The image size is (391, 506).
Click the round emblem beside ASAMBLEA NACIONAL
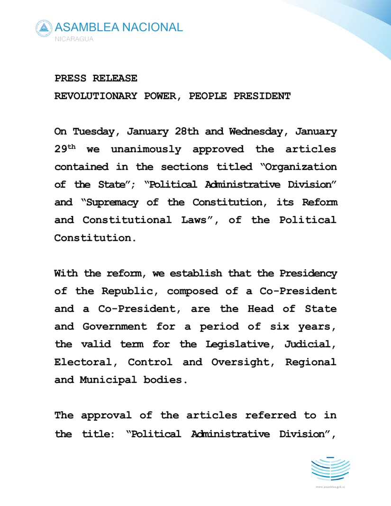[44, 28]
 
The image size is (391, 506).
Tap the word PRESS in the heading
[70, 78]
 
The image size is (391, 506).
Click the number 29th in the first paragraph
[65, 149]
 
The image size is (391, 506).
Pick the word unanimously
[146, 149]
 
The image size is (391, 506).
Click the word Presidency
[308, 273]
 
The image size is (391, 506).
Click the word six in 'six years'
[279, 327]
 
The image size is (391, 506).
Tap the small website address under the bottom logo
[330, 487]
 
